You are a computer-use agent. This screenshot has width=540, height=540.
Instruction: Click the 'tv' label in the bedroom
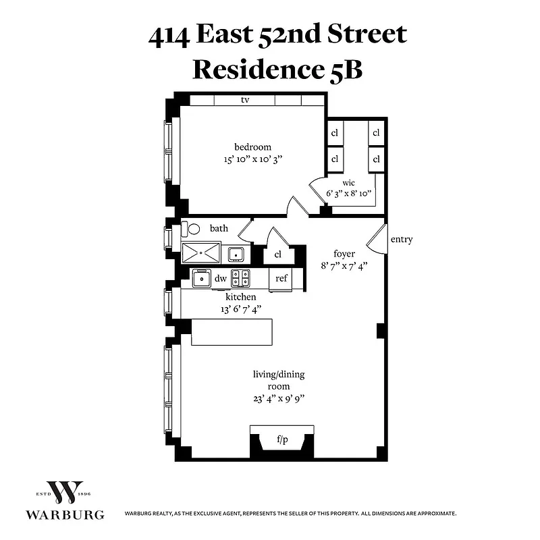coord(245,100)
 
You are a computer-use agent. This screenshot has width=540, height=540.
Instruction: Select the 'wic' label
coord(348,182)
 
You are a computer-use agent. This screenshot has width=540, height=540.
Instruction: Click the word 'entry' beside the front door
coord(401,240)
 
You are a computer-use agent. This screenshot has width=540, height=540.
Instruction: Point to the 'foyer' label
coord(344,254)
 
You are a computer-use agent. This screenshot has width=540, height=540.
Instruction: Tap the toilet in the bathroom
coord(193,229)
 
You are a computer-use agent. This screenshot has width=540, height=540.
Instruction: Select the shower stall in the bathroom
coord(200,253)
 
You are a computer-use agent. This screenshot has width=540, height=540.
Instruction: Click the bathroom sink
coord(236,254)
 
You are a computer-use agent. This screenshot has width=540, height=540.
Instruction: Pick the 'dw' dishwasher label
coord(220,278)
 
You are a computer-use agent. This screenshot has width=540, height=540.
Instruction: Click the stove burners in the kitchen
coord(240,277)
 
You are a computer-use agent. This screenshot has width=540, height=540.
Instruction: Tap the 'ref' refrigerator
coord(281,278)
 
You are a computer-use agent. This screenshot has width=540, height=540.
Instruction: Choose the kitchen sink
coord(201,277)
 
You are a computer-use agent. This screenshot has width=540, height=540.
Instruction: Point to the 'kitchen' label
coord(240,296)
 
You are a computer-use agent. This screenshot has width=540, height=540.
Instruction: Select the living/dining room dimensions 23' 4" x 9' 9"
coord(271,398)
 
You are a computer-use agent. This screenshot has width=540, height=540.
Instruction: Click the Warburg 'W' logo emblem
coord(65,493)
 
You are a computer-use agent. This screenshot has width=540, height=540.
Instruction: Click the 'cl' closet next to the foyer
coord(277,255)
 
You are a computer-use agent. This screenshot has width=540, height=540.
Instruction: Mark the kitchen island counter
coord(233,331)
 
